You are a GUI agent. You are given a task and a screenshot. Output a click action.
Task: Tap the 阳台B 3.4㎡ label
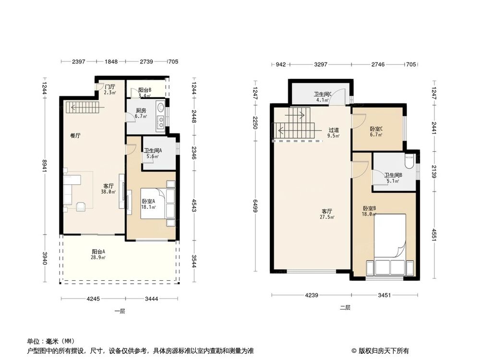[x=145, y=93]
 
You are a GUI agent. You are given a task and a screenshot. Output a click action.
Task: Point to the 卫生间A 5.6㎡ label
[x=153, y=153]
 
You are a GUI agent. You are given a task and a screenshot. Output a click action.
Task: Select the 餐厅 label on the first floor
[x=75, y=136]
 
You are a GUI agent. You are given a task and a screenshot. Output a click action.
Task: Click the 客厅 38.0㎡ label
[x=108, y=189]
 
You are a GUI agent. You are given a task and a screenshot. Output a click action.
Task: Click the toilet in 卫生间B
[x=409, y=162]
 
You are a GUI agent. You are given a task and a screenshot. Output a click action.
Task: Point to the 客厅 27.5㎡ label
[x=327, y=214]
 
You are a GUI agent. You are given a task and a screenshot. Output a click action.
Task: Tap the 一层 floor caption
[x=120, y=311]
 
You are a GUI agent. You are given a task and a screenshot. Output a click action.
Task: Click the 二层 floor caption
[x=345, y=308]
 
